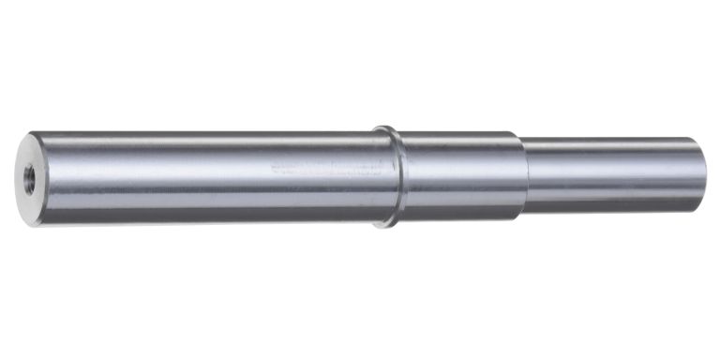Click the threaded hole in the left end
point(29,178)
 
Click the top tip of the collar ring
point(383,127)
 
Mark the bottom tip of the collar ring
point(383,226)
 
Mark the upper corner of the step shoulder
point(520,133)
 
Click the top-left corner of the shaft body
point(33,133)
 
